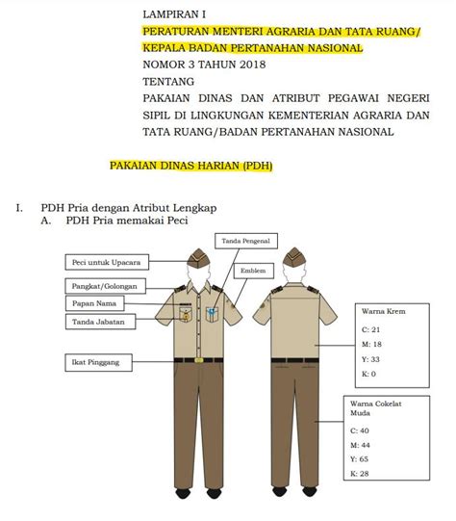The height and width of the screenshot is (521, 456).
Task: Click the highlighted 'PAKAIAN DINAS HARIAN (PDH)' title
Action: coord(191,166)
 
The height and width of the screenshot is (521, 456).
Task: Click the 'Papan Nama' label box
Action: coord(89,303)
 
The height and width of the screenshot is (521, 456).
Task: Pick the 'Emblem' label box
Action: coord(253,270)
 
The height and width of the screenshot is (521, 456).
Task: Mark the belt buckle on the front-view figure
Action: coord(199,359)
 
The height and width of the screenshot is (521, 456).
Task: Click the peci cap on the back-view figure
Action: coord(294,255)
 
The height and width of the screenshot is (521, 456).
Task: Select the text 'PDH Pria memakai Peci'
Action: coord(125,221)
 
